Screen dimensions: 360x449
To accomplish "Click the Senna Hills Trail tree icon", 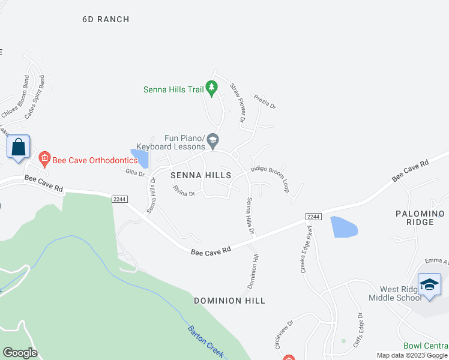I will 211,89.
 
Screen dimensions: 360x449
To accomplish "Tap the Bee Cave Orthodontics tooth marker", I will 44,159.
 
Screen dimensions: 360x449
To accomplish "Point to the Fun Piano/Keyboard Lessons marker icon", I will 212,142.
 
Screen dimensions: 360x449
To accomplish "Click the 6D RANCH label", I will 106,19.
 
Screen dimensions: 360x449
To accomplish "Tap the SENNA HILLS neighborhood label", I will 200,175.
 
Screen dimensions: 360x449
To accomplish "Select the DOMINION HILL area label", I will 229,300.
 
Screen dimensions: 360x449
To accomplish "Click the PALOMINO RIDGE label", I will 420,218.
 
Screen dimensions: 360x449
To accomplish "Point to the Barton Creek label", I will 206,341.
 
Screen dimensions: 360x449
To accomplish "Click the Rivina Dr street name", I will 184,191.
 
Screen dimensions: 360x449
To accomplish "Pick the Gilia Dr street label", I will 135,173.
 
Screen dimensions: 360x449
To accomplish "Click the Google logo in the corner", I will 20,353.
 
